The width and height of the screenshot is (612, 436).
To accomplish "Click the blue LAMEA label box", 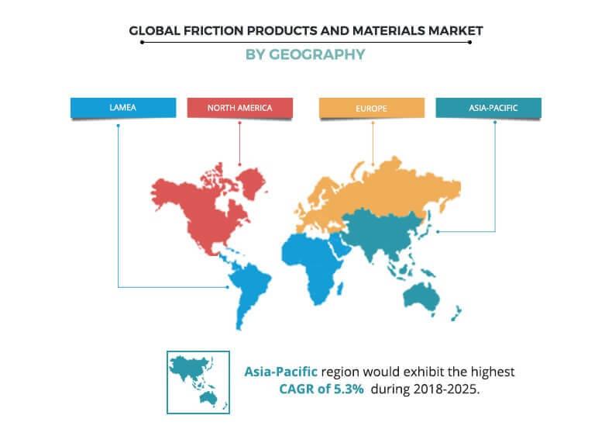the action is [123, 108].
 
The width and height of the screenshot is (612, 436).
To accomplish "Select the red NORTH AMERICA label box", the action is [239, 108].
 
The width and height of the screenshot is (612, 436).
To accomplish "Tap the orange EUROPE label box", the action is [372, 108].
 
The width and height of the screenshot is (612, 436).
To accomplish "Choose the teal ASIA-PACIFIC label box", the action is [488, 108].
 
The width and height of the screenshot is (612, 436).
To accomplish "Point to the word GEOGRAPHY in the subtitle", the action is [317, 54].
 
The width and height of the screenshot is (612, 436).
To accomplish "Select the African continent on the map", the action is [311, 266].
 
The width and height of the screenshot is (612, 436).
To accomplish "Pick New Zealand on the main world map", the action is [456, 313].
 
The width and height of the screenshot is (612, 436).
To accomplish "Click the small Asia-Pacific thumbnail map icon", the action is [198, 382].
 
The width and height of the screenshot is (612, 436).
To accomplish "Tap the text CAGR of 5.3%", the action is [321, 389].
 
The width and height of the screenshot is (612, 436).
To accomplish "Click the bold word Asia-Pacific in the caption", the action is [280, 372].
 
